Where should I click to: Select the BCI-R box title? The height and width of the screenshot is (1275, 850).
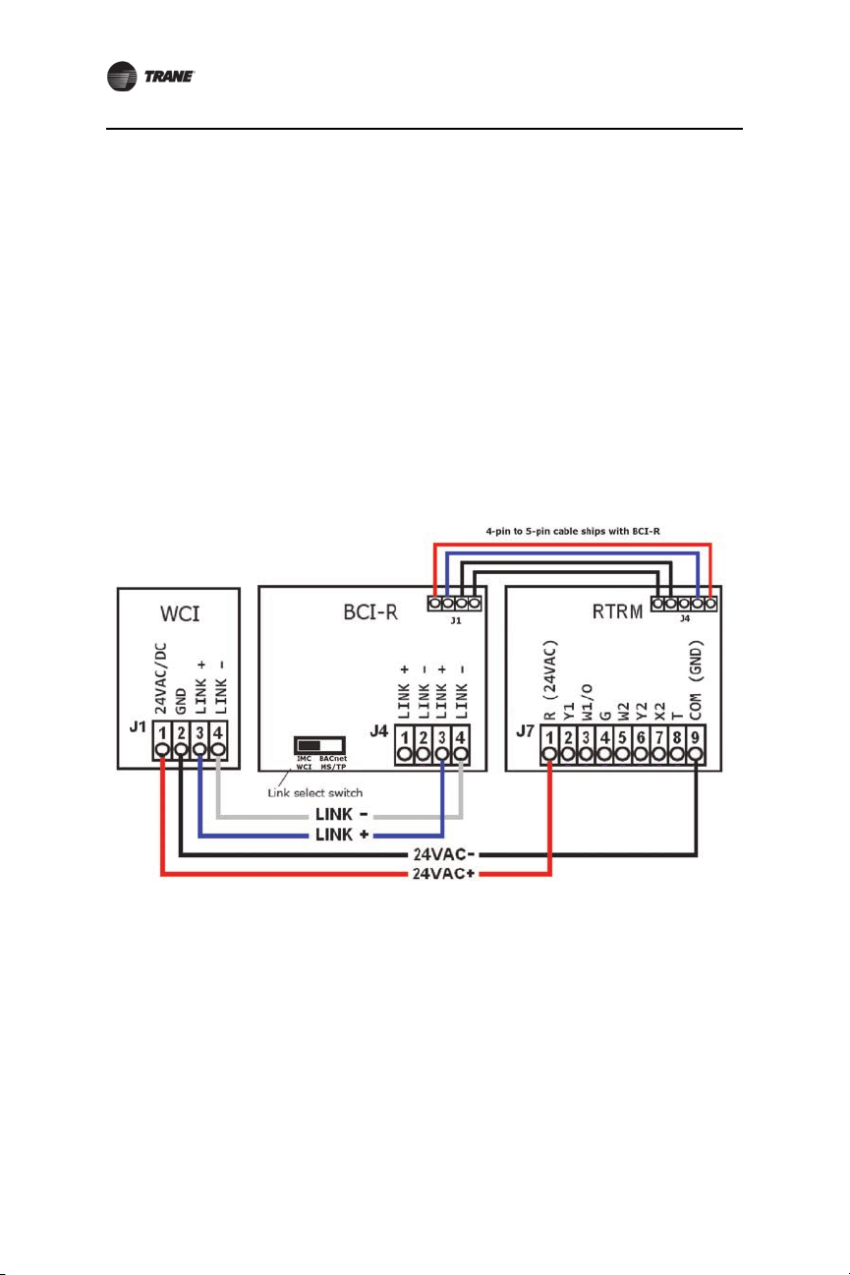[x=365, y=616]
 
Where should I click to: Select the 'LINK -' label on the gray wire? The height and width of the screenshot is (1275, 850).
[x=339, y=815]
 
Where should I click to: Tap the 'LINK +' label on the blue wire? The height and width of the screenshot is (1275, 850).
[x=339, y=836]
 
